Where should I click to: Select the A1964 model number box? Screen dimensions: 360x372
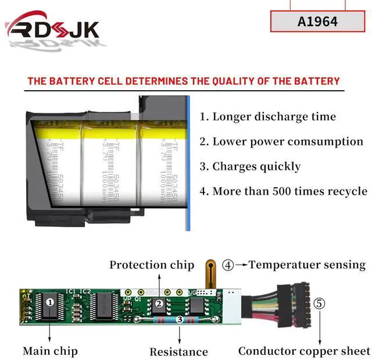pos(317,22)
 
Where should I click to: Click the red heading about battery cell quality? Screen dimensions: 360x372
pos(184,81)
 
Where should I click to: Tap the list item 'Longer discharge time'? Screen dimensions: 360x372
pos(268,116)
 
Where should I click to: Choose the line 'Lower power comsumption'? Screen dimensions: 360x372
pos(281,141)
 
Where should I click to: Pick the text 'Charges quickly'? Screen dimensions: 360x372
pos(251,166)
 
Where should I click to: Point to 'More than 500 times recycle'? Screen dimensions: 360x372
pos(283,191)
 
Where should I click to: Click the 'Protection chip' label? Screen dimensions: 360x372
pos(152,265)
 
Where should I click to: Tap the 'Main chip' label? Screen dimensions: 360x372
pos(50,351)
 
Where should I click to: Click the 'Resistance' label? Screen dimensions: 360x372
pos(178,351)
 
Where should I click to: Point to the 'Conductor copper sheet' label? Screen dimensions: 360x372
pos(304,351)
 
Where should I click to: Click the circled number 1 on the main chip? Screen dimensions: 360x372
pos(50,302)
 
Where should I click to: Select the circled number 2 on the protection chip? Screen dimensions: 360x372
pos(158,304)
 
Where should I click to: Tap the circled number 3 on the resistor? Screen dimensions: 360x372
pos(180,320)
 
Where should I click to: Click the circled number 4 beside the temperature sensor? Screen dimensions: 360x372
pos(228,265)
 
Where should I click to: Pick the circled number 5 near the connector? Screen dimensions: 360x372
pos(319,304)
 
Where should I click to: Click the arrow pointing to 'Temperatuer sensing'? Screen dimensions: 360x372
pos(241,265)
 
